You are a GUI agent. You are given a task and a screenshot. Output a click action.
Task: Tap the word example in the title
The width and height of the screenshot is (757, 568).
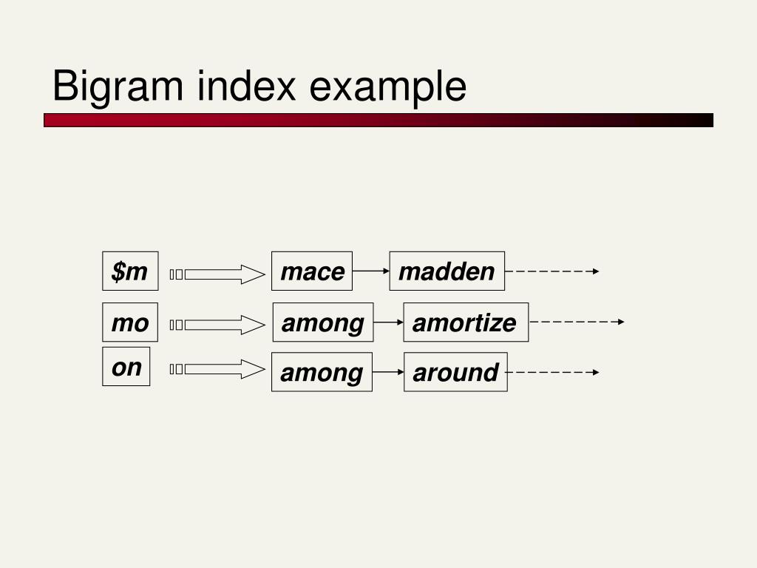point(387,87)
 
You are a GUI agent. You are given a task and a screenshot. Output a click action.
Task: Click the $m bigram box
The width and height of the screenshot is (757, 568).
point(130,271)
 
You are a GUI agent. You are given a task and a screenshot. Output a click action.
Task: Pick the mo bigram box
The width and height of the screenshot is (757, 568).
point(130,322)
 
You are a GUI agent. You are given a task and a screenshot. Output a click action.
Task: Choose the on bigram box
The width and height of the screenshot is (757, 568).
point(126,367)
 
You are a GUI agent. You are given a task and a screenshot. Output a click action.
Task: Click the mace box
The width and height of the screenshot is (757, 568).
point(312,271)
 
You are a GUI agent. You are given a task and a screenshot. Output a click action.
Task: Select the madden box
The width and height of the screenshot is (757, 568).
point(447,271)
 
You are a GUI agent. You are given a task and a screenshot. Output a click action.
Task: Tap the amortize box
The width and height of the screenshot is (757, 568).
point(466,322)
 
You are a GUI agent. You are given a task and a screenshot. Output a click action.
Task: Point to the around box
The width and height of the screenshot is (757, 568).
point(455,372)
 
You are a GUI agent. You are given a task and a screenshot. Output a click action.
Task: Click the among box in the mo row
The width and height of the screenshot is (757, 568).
point(323,322)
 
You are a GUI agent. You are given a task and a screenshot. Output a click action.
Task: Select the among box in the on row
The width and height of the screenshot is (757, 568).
point(322,372)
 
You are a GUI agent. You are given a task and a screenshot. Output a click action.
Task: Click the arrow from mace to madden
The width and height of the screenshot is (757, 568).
point(371,271)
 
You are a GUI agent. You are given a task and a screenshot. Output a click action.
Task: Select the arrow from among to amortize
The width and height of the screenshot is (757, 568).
point(388,322)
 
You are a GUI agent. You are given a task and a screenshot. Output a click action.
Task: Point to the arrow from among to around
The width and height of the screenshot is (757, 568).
point(388,372)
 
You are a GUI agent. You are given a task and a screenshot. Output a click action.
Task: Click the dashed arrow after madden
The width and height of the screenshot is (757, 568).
point(551,271)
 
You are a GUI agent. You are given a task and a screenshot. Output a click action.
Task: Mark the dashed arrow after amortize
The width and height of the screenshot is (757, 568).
point(577,322)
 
